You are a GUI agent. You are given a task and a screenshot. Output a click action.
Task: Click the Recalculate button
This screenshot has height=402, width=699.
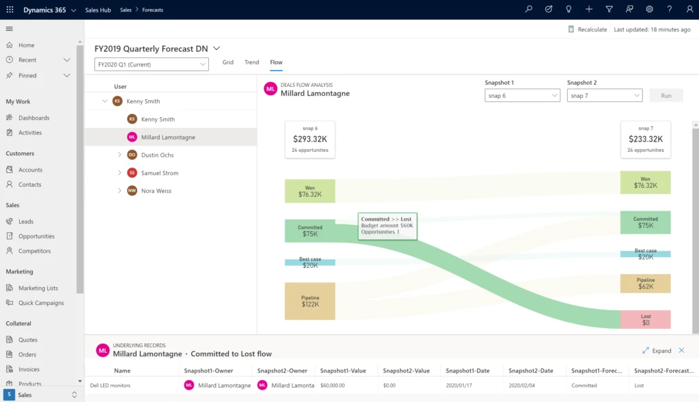point(587,29)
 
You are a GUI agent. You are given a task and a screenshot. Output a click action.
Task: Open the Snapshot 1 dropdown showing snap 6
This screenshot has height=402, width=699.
point(522,96)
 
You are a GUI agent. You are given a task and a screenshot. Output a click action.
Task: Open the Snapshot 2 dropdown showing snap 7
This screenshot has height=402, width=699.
point(604,96)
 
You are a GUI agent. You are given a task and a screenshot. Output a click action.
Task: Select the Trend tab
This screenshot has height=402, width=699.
point(252,62)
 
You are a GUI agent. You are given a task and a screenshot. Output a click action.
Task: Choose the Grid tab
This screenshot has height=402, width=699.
point(228,62)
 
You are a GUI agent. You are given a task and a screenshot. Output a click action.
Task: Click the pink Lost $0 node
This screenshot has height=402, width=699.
point(645,319)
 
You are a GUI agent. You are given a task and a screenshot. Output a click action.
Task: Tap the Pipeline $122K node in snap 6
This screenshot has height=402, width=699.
point(309,301)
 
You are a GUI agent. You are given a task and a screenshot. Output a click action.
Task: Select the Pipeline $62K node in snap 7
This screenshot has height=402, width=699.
point(645,284)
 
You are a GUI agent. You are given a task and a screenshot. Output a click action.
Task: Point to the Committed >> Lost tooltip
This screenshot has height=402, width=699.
point(387,226)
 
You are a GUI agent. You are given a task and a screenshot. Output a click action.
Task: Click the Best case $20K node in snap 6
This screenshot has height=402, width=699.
point(309,263)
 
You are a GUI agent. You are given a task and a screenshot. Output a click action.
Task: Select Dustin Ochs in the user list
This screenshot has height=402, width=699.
point(157,155)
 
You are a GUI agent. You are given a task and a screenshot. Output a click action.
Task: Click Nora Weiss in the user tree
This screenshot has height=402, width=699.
point(157,191)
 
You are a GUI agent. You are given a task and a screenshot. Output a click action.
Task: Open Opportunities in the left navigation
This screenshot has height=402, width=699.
point(36,237)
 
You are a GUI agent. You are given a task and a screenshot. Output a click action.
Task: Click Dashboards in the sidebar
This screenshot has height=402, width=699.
point(33,118)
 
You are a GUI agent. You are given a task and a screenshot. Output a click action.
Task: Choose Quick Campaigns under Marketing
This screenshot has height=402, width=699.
point(41,303)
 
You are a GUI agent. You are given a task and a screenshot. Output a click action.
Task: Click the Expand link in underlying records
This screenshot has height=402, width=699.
point(657,351)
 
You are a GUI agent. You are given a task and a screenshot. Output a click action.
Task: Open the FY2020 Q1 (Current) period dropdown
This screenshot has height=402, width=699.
point(151,64)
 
